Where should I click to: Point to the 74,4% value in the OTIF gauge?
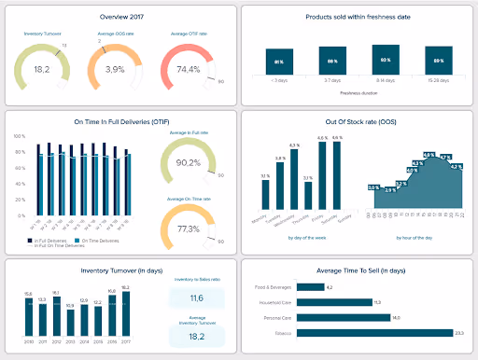coord(190,70)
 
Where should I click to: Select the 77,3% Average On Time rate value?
coord(188,228)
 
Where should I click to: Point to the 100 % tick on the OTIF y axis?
coord(19,135)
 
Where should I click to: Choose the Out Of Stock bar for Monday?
coord(265,194)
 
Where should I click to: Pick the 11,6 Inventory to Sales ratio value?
coord(197,297)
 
